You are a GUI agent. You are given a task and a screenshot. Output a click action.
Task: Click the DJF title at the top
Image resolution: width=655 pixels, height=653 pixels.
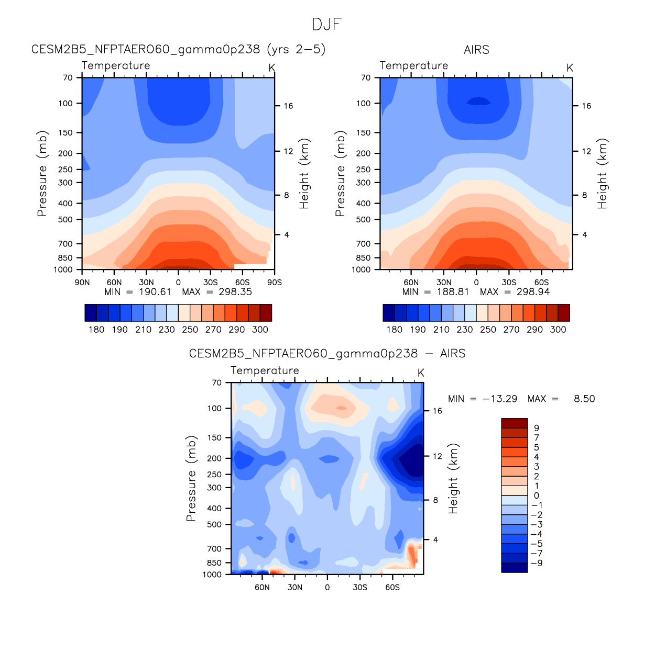tap(326, 25)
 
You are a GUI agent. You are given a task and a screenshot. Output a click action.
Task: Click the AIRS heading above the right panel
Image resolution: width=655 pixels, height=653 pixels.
tap(476, 50)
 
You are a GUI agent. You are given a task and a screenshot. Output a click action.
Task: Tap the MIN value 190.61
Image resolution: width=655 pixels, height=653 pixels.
tap(155, 292)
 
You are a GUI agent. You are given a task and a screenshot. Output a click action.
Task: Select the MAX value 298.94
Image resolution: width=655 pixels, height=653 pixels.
tap(533, 292)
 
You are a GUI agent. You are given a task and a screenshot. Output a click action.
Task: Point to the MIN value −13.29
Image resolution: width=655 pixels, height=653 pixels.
tap(500, 399)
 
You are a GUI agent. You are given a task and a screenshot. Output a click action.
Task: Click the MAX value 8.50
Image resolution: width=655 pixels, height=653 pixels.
tap(584, 399)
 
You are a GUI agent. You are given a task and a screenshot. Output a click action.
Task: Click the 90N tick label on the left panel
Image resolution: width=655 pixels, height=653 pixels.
tap(82, 283)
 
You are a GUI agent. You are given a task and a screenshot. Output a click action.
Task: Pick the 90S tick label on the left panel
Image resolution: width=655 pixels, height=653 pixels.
tap(274, 283)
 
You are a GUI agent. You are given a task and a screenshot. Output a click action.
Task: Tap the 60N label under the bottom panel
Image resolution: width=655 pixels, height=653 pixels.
tap(262, 588)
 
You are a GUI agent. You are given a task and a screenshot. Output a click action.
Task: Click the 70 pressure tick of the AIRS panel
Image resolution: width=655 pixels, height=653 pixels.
tap(366, 77)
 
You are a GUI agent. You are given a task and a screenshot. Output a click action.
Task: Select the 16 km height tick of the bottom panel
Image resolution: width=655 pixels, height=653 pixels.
tap(437, 411)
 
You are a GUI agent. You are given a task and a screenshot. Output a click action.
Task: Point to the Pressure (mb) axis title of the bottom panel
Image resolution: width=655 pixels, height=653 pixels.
tap(191, 478)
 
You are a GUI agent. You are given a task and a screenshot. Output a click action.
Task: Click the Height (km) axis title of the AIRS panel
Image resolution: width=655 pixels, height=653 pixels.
tap(602, 174)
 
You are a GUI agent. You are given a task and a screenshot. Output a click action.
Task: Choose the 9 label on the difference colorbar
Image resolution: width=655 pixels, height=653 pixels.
tap(536, 428)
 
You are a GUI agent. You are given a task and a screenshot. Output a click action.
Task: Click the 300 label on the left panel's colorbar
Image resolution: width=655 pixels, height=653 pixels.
tap(260, 330)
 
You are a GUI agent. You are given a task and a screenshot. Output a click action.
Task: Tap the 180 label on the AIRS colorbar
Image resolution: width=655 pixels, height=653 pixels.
tap(394, 330)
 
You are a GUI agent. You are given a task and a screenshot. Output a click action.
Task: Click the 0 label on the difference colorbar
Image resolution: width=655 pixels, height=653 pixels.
tap(536, 496)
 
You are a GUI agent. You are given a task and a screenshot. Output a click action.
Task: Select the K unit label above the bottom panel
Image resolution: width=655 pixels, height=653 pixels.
tap(420, 373)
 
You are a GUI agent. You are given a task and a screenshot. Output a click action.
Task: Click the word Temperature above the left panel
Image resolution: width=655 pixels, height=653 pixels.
tap(116, 65)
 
